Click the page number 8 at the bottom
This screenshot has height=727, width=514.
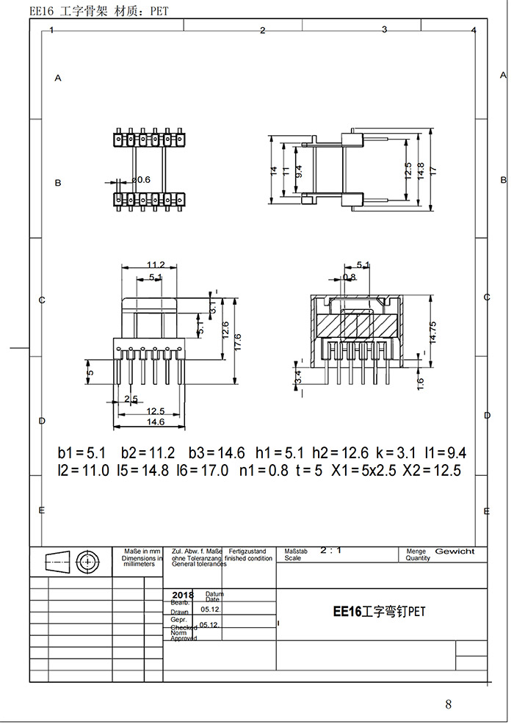(449, 704)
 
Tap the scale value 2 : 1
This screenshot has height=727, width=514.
(331, 549)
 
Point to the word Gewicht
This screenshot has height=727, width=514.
(455, 551)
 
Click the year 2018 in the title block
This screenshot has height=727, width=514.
(181, 596)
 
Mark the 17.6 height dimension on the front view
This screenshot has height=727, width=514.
(237, 341)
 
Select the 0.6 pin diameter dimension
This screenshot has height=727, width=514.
(141, 179)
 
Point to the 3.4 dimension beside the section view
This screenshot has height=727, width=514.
(298, 377)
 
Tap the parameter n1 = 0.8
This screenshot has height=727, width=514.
(264, 471)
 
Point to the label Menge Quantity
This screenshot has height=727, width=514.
(418, 554)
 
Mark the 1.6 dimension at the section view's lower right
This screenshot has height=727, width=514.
(421, 383)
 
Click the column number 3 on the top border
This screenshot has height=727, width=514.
(384, 29)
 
